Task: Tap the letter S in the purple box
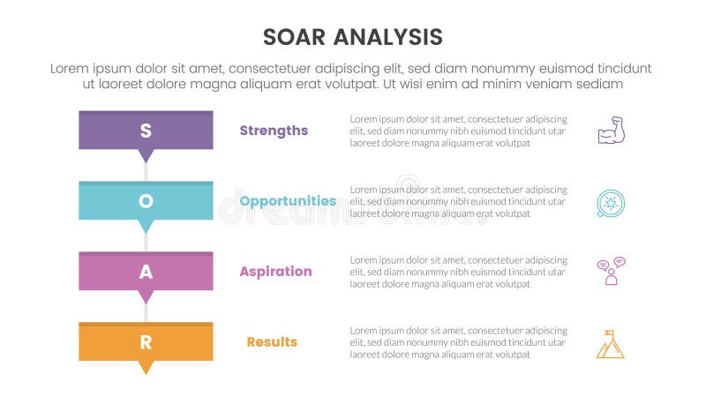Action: [x=146, y=131]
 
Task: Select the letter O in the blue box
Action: [x=146, y=201]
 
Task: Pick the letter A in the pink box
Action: [x=146, y=272]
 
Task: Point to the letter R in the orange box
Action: [x=146, y=342]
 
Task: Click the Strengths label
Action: [x=274, y=131]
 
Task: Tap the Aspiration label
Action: [x=275, y=272]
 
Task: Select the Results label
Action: [x=272, y=342]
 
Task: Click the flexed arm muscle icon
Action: [x=610, y=131]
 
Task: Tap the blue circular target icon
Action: [x=610, y=202]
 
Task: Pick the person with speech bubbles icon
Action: [x=610, y=272]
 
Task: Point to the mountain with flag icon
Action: [x=610, y=343]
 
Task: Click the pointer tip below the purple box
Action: [x=146, y=158]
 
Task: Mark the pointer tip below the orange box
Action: [x=146, y=369]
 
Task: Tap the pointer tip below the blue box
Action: [x=146, y=228]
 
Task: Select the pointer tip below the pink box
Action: [x=146, y=298]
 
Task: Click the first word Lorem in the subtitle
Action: [x=71, y=68]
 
